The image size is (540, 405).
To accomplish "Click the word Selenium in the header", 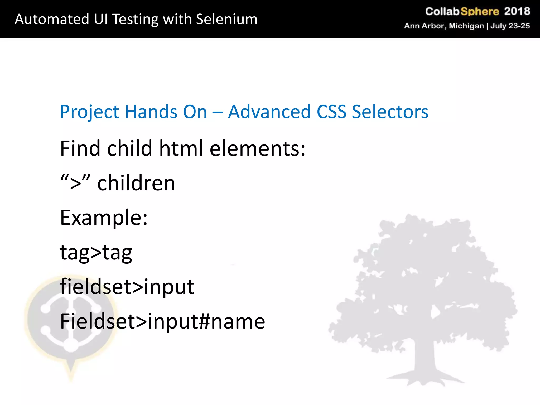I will tap(227, 19).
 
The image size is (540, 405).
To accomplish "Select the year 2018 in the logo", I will tap(517, 11).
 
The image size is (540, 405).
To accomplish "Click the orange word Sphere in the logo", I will tap(480, 12).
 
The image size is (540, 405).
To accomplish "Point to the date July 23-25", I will tap(510, 26).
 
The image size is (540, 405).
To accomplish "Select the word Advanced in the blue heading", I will tap(269, 112).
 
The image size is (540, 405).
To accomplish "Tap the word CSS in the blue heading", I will tap(331, 112).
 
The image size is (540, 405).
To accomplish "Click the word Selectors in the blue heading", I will tap(390, 112).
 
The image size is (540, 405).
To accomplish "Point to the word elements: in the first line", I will tap(257, 148).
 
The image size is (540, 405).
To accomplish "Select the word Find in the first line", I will tap(80, 148).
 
